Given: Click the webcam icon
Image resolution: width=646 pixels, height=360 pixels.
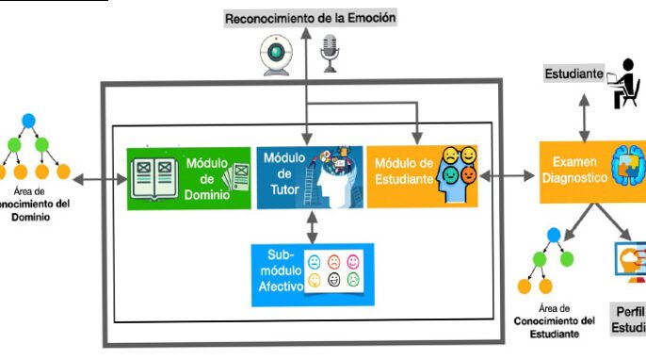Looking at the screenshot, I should pos(279,57).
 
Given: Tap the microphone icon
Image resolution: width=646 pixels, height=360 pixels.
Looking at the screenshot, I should pos(330,54).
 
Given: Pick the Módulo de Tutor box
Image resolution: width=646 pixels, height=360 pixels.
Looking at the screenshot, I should pos(309,176).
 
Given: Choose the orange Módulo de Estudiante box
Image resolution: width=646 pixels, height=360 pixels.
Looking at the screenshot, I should pos(421,175).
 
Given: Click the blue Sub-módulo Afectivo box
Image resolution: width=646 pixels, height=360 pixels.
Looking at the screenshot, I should pos(312,274).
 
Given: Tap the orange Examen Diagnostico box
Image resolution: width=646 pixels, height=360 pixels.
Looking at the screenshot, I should pos(591,175).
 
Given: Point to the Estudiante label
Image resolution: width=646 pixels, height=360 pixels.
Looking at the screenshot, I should pos(573,73).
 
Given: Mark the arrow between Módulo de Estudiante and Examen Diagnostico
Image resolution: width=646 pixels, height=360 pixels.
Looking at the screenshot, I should pos(509,175).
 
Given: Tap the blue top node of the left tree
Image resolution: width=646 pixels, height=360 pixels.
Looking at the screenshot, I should pos(28,121).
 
